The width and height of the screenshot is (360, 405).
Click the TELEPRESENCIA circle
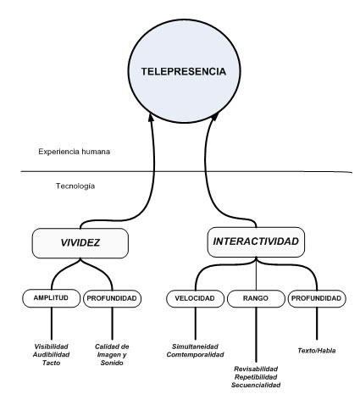184,71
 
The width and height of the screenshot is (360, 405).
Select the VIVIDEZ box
80,243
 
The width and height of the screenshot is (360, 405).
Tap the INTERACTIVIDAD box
256,241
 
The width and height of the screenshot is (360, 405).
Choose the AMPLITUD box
51,298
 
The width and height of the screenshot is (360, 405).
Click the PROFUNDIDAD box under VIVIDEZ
112,298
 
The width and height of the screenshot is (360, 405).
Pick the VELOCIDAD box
195,298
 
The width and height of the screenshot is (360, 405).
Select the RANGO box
256,298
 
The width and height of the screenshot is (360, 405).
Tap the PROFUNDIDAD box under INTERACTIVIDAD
317,298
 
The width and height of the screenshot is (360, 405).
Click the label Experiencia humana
75,152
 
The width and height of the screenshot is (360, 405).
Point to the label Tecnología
75,186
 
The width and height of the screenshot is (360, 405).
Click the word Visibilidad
51,347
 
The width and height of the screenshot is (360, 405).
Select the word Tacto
51,363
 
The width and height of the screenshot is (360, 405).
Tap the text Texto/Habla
317,351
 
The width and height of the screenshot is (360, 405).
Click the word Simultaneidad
195,347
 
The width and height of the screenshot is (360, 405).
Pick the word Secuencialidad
256,385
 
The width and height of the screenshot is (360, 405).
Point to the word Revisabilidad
256,369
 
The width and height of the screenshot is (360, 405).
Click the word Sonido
112,363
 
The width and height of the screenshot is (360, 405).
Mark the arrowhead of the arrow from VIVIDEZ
151,118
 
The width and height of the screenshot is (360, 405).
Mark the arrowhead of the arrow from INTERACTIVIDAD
214,117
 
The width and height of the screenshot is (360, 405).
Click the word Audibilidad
51,355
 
